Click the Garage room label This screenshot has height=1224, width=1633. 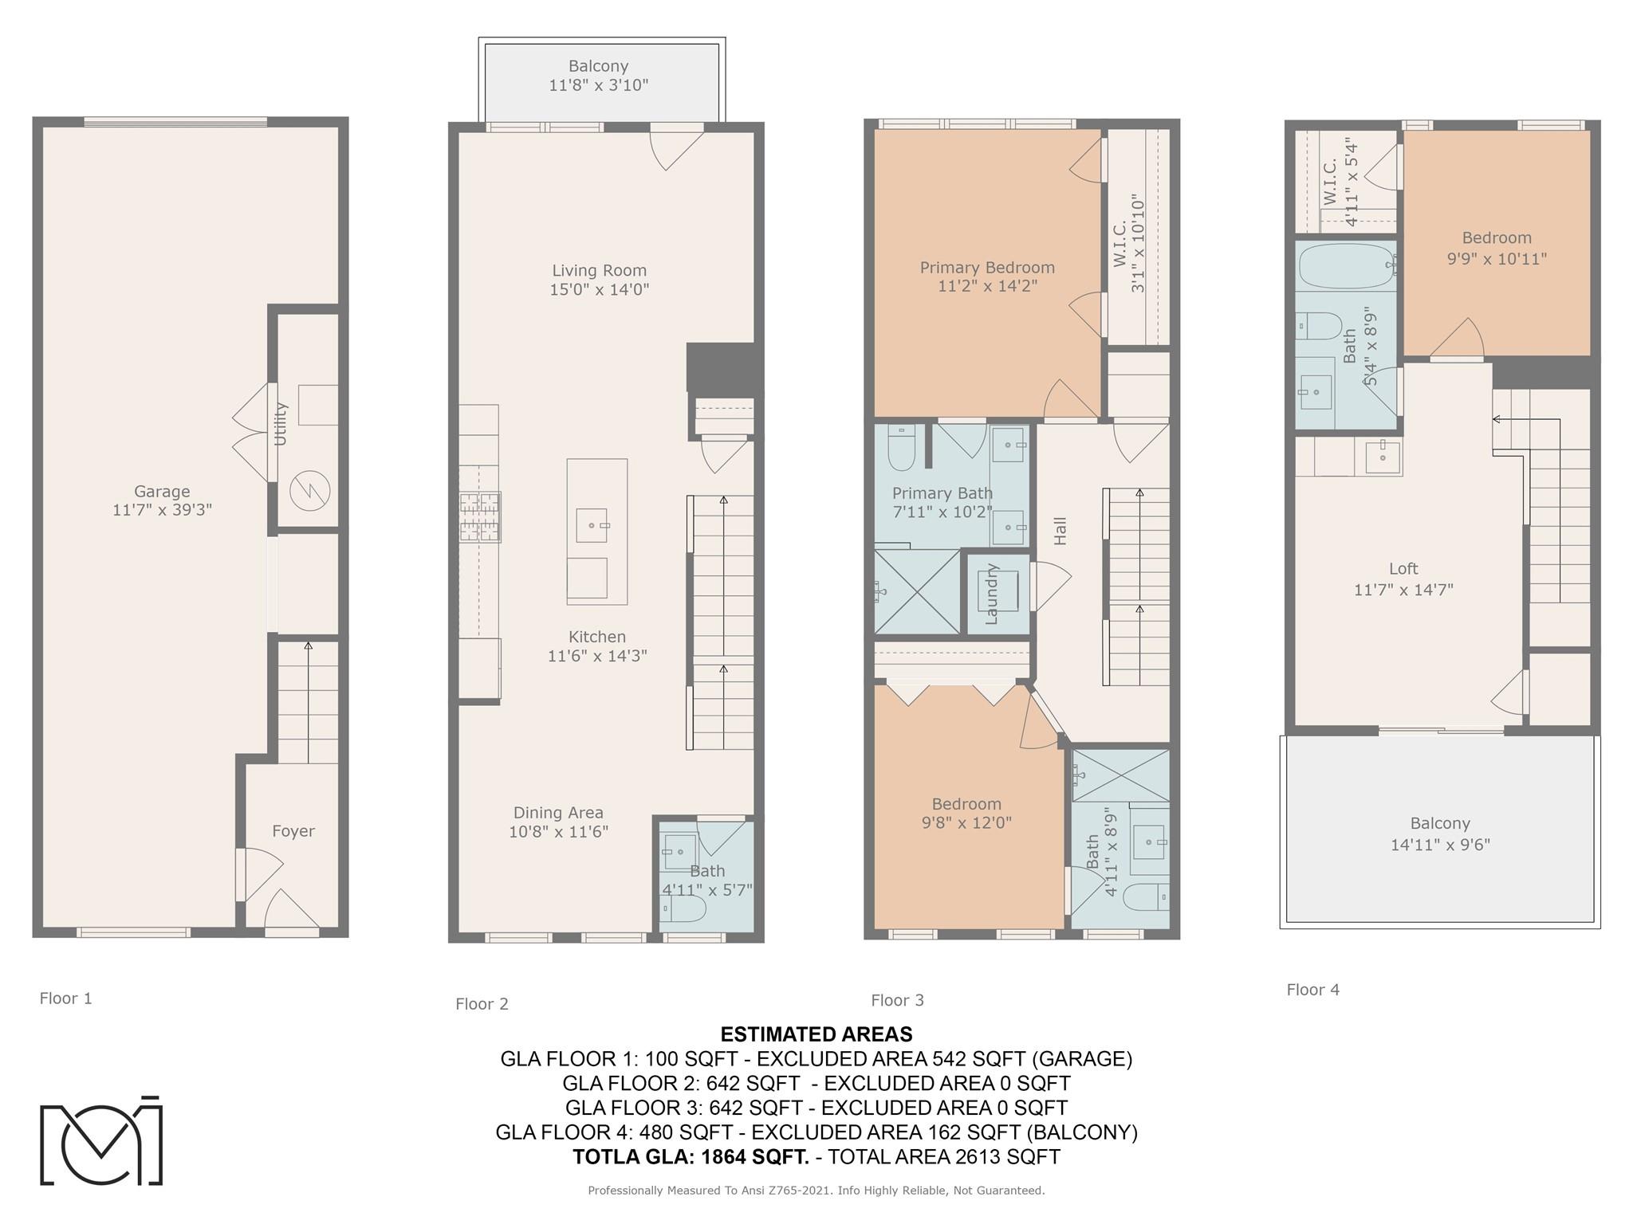tap(162, 492)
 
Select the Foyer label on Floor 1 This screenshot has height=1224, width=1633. tap(293, 831)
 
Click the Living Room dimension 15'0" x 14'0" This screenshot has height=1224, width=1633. tap(600, 289)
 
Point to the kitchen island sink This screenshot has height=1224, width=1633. tap(591, 525)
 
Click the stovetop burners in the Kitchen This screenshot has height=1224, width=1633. tap(480, 516)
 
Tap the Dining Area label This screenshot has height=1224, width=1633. tap(558, 813)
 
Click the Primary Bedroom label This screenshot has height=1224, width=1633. tap(987, 268)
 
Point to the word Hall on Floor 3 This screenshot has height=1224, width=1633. tap(1060, 532)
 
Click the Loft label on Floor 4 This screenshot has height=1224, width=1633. tap(1403, 569)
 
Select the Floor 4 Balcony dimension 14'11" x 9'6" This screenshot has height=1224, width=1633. tap(1440, 845)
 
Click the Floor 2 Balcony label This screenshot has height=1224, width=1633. tap(599, 66)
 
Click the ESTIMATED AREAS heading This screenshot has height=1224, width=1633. tap(816, 1034)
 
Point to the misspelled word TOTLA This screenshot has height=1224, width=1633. tap(610, 1157)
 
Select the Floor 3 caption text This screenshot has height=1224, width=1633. tap(897, 1000)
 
